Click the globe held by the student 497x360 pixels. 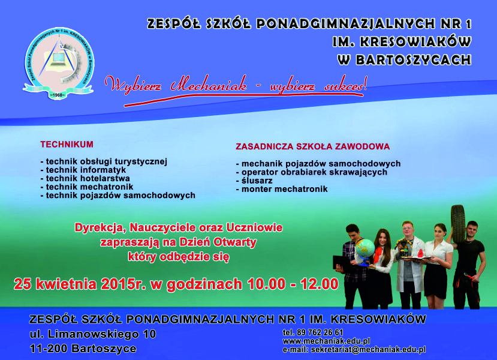(x=365, y=248)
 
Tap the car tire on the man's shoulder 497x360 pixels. (x=458, y=224)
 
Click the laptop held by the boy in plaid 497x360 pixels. (x=341, y=263)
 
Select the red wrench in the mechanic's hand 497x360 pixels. (x=471, y=277)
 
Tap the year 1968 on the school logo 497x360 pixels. (x=57, y=95)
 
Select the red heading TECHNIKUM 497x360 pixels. (x=67, y=145)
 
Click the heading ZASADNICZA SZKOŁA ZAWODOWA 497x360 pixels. (x=312, y=146)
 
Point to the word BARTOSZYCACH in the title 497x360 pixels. (x=413, y=60)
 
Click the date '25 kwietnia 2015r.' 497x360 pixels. (x=80, y=284)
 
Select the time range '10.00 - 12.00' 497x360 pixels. (x=293, y=284)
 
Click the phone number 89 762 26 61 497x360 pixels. (x=320, y=332)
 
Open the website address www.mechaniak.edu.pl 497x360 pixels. (x=327, y=341)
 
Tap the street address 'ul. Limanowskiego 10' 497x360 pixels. (x=93, y=334)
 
